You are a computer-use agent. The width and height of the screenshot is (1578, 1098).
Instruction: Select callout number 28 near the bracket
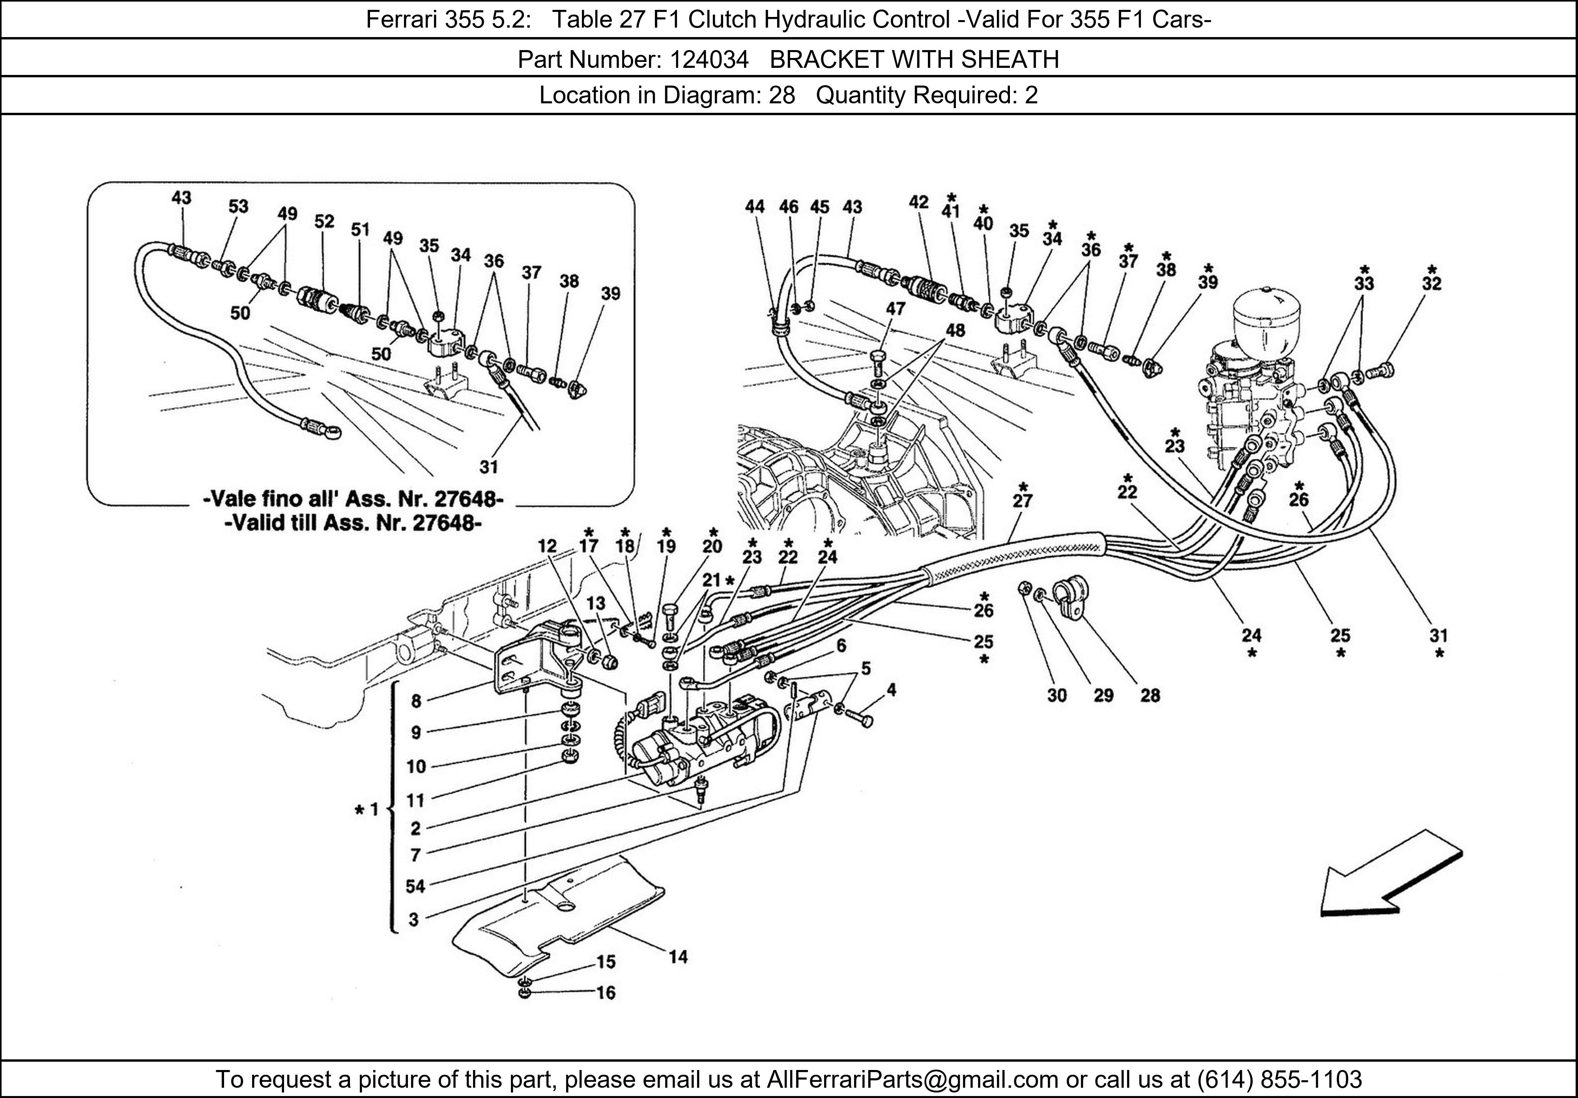[1150, 695]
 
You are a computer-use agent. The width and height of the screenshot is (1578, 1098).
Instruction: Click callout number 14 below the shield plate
[678, 956]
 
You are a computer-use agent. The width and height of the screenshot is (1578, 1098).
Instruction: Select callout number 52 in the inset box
[324, 221]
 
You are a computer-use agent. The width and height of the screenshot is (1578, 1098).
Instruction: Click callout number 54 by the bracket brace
[415, 886]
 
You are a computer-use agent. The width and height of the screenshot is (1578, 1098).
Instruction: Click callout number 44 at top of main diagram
[755, 207]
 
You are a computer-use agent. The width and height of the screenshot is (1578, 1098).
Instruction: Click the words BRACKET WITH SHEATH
[914, 60]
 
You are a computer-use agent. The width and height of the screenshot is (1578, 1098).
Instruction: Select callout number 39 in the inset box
[610, 293]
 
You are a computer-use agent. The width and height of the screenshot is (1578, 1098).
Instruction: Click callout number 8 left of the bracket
[416, 701]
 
